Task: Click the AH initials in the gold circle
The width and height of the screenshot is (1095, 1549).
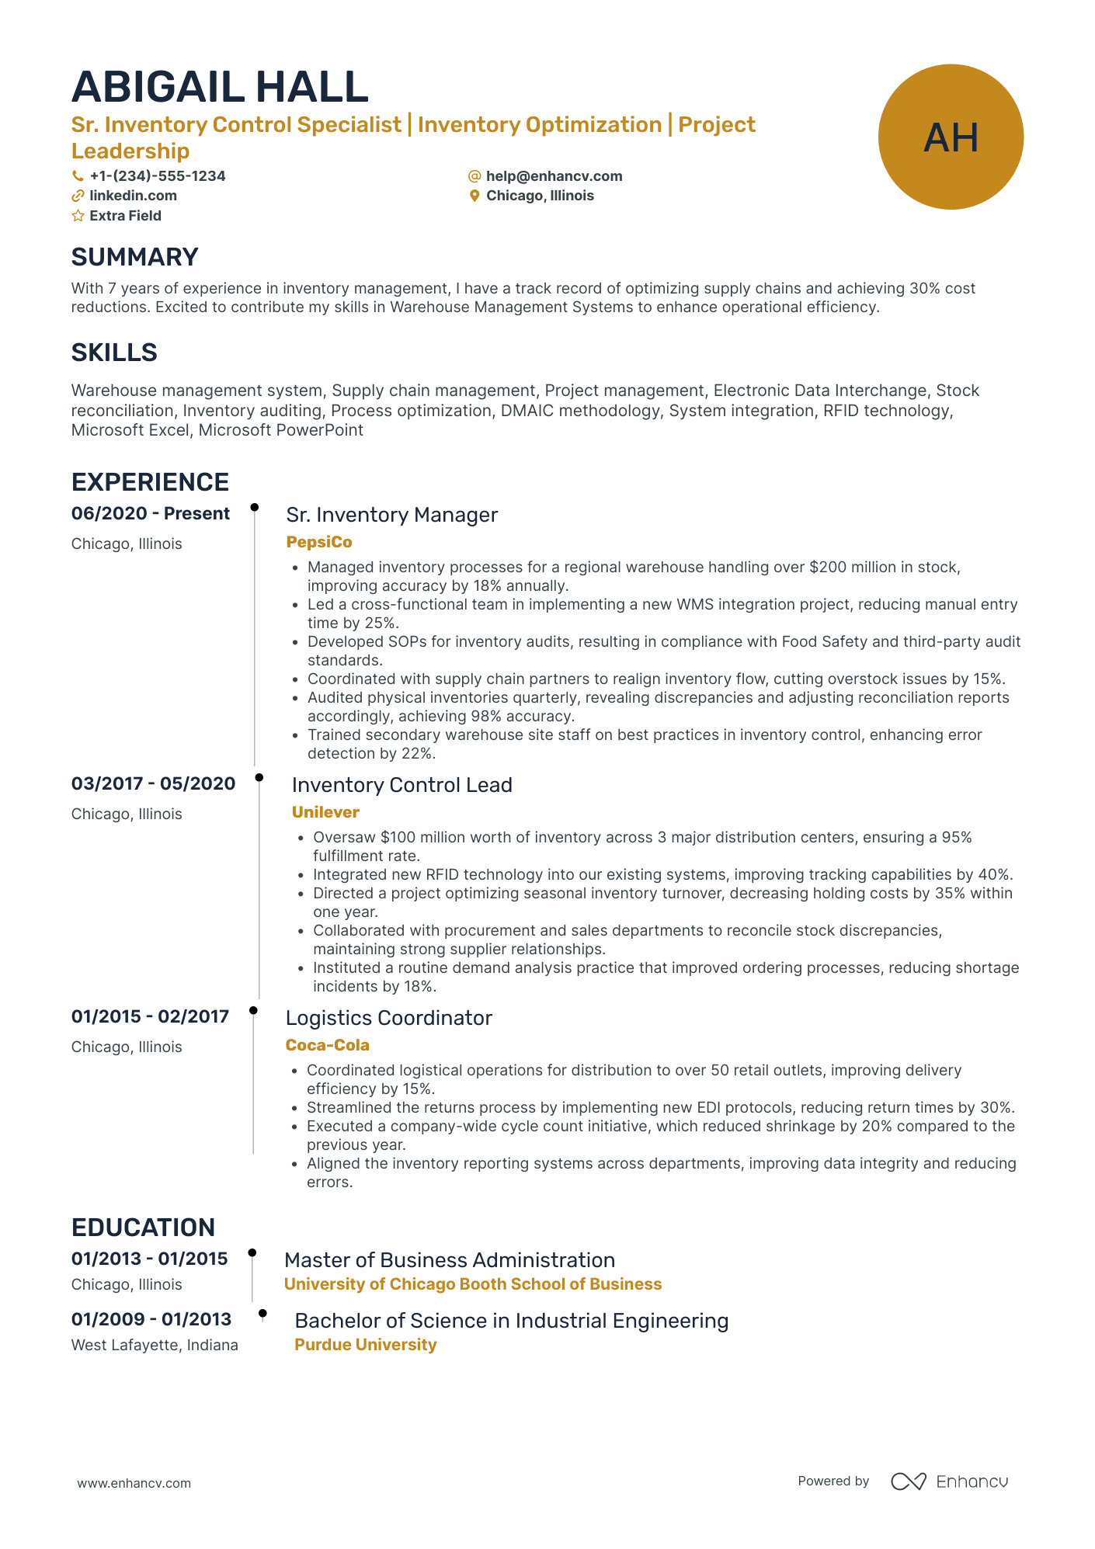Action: pos(951,137)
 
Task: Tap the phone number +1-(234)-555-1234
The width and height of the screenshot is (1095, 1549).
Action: pos(157,176)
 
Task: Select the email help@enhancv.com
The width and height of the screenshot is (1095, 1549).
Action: pos(554,176)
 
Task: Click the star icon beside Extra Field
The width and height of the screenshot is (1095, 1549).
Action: pos(78,216)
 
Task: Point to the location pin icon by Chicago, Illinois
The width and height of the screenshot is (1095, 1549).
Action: pos(474,196)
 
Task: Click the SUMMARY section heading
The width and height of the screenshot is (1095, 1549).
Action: pos(134,257)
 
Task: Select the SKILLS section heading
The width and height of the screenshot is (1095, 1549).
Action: pos(114,353)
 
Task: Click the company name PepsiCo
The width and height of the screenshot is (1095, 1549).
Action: pos(319,542)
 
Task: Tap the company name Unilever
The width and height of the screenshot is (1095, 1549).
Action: pos(325,812)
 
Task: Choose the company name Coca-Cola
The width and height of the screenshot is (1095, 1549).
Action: pos(327,1045)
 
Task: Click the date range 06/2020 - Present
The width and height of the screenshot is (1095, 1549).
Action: pos(151,513)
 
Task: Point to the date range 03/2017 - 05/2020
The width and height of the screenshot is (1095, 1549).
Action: pos(153,783)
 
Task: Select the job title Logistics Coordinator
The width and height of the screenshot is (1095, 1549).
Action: pos(388,1018)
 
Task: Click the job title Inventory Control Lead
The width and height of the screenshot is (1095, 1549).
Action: pos(401,785)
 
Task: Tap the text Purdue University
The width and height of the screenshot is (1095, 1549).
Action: pos(365,1345)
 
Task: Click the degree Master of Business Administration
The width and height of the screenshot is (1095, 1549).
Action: pos(449,1260)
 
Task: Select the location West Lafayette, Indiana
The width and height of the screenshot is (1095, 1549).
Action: pos(155,1345)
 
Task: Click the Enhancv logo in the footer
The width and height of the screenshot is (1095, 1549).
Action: pos(949,1481)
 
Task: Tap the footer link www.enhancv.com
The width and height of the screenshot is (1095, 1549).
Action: pos(134,1483)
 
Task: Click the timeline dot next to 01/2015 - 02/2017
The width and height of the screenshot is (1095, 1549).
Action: pos(253,1010)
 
